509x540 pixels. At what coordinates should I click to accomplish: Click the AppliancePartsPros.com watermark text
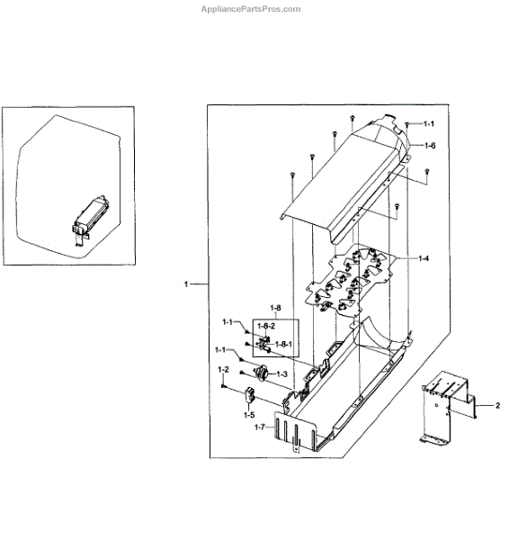251,9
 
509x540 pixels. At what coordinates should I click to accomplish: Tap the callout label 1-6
430,146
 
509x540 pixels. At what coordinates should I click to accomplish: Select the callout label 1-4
424,258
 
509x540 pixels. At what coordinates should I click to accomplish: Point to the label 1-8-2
266,326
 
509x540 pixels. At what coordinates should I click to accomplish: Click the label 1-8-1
283,344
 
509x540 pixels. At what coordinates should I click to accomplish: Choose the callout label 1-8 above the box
275,308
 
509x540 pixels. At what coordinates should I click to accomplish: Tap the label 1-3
281,374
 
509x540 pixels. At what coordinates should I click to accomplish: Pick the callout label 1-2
223,370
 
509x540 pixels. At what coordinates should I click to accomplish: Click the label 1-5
249,415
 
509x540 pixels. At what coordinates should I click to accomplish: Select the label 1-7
260,427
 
